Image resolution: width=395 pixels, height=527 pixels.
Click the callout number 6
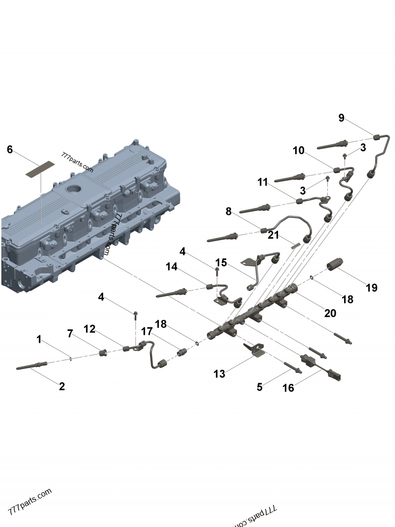pos(10,149)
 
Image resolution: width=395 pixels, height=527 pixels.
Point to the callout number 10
pos(299,151)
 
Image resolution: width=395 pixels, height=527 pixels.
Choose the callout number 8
pos(228,211)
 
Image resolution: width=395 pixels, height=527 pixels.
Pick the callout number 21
pos(274,235)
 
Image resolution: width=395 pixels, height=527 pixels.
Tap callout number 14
pos(171,267)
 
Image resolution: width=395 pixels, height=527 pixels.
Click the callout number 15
pos(221,262)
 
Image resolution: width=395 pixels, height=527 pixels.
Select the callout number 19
pos(371,287)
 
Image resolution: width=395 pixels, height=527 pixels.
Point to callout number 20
pos(330,313)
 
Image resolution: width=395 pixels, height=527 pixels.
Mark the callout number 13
pos(219,374)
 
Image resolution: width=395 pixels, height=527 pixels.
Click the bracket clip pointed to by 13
pos(255,350)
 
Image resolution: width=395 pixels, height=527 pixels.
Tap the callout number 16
pos(288,388)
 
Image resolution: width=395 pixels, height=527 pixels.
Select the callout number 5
pos(260,387)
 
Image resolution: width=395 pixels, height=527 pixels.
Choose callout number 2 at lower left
pos(62,387)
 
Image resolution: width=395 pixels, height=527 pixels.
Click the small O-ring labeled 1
pos(71,358)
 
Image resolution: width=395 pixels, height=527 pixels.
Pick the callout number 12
pos(89,328)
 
